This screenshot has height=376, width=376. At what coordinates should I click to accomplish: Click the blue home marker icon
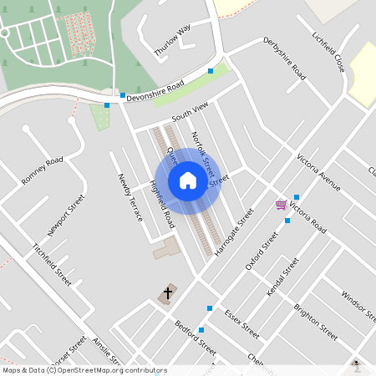coord(188,180)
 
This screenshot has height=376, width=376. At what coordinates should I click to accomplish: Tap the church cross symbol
coord(167,293)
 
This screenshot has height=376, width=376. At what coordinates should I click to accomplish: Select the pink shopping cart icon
coord(282,205)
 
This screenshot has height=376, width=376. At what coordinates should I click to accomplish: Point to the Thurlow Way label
coord(172,40)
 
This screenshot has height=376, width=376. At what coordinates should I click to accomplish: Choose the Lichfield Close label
coord(328,51)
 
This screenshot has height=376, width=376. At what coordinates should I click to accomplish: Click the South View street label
coord(188,110)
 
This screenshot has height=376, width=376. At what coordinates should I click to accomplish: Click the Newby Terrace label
coord(130,197)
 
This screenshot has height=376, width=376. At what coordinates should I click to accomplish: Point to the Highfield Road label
coord(162,206)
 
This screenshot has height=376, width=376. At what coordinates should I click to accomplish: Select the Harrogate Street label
coord(233,232)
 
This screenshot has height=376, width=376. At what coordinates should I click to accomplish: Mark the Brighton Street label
coord(315,321)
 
